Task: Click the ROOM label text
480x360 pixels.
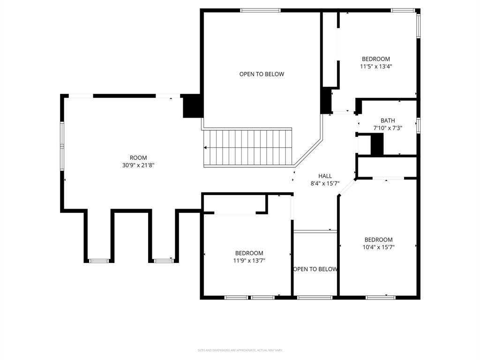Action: tap(138, 157)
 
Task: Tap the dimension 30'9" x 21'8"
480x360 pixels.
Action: tap(138, 165)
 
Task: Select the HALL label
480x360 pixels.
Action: tap(325, 176)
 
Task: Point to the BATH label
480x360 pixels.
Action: tap(388, 120)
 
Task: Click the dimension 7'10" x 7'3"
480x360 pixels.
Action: tap(388, 128)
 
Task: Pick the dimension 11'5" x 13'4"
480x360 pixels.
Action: tap(376, 67)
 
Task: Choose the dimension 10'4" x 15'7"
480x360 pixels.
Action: tap(379, 247)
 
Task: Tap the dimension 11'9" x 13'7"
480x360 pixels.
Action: tap(249, 261)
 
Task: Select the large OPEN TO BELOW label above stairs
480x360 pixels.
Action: tap(262, 74)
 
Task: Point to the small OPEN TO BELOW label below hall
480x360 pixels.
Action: tap(315, 269)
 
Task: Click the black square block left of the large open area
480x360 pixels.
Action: tap(192, 106)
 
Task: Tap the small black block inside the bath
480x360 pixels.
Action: tap(377, 144)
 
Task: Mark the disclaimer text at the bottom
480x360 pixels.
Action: tap(240, 350)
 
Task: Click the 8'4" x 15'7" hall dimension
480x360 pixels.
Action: tap(325, 184)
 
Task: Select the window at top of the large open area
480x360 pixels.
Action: tap(261, 10)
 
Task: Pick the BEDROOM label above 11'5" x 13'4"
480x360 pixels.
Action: tap(376, 59)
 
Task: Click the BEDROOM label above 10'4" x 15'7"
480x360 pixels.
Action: tap(379, 240)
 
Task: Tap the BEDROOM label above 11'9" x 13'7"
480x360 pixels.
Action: tap(249, 253)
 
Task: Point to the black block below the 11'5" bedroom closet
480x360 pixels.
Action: tap(326, 100)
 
